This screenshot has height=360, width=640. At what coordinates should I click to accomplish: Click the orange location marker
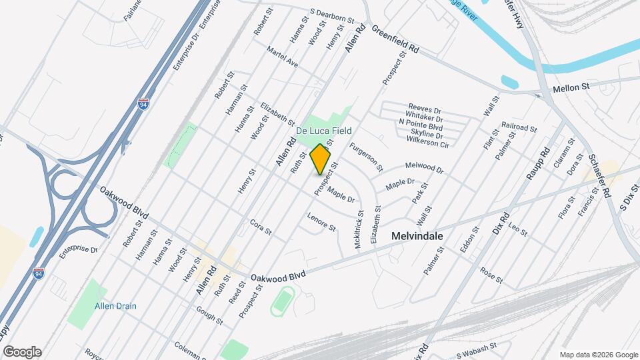321,159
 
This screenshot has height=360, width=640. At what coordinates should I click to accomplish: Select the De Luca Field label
324,131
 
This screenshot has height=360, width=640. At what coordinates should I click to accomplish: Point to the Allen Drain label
115,306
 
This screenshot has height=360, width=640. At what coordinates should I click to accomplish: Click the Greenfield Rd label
395,40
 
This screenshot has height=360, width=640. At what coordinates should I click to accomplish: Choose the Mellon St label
571,87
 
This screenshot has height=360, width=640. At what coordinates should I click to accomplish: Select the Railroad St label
519,127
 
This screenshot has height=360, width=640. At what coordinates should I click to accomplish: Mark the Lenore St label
321,221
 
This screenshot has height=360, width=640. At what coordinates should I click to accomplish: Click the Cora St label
261,227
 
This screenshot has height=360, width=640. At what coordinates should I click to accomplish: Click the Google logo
22,352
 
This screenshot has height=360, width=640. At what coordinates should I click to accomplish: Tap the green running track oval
283,302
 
